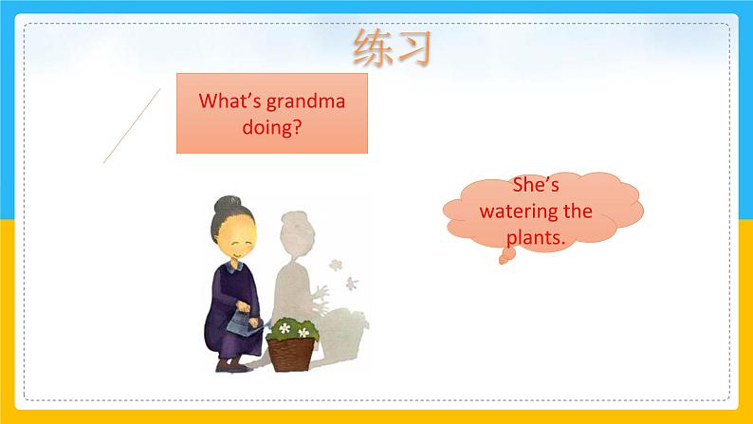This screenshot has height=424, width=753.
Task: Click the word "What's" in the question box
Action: click(x=230, y=101)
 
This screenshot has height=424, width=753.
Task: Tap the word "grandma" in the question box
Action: click(x=306, y=101)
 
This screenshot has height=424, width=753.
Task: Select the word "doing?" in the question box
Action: click(x=272, y=128)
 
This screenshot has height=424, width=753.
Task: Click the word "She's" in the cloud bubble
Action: click(x=536, y=185)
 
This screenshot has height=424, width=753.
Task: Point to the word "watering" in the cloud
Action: click(x=519, y=212)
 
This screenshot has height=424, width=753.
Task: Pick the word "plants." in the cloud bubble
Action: click(x=536, y=238)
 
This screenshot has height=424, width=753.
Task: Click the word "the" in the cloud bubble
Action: click(x=578, y=212)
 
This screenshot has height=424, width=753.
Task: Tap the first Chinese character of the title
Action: click(x=372, y=47)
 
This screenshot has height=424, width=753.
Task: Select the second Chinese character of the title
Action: click(x=413, y=47)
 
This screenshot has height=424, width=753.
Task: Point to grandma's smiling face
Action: click(x=236, y=240)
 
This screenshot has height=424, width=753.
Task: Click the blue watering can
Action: click(x=244, y=323)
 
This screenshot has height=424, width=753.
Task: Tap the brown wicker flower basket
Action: click(x=290, y=355)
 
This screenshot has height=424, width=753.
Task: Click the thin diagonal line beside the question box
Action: click(x=132, y=126)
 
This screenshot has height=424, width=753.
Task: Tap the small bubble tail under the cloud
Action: click(x=506, y=256)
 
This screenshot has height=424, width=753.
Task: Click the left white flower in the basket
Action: click(x=285, y=328)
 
